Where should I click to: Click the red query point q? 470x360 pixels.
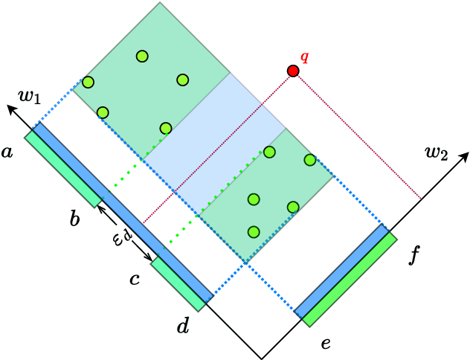click(293, 71)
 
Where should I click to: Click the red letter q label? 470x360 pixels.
click(303, 57)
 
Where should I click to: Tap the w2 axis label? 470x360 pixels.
click(437, 153)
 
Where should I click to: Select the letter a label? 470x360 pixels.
click(7, 152)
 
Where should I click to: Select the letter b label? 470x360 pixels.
click(75, 219)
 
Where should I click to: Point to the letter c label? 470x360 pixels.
click(135, 279)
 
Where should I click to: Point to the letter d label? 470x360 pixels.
click(182, 325)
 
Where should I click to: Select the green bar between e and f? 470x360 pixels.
click(351, 283)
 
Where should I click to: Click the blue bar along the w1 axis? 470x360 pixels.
click(123, 212)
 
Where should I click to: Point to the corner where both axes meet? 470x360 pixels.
click(261, 358)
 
